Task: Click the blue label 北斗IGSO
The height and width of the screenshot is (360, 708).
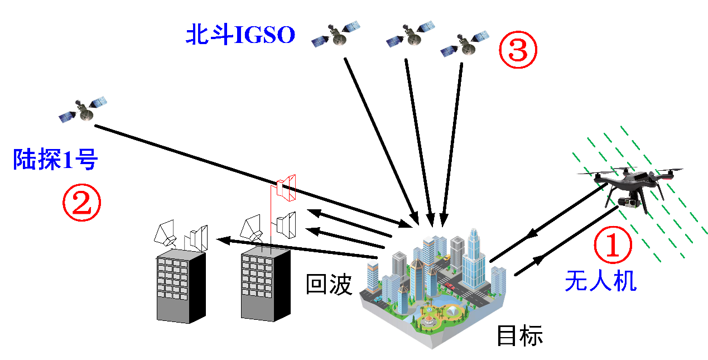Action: coord(240,35)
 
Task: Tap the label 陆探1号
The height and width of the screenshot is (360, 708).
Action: coord(55,161)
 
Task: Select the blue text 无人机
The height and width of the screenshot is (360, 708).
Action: coord(600,280)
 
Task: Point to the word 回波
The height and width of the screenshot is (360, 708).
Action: coord(329,285)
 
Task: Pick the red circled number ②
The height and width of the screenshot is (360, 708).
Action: coord(81,203)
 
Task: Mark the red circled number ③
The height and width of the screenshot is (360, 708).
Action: coord(517,50)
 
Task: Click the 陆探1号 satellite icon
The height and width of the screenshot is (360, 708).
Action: coord(83,110)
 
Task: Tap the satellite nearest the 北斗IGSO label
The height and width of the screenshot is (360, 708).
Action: coord(335,34)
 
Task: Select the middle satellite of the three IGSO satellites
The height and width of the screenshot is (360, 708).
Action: coord(411,34)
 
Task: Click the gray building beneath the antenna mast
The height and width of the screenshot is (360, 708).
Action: coord(265,284)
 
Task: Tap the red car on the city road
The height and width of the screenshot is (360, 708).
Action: coord(450,286)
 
